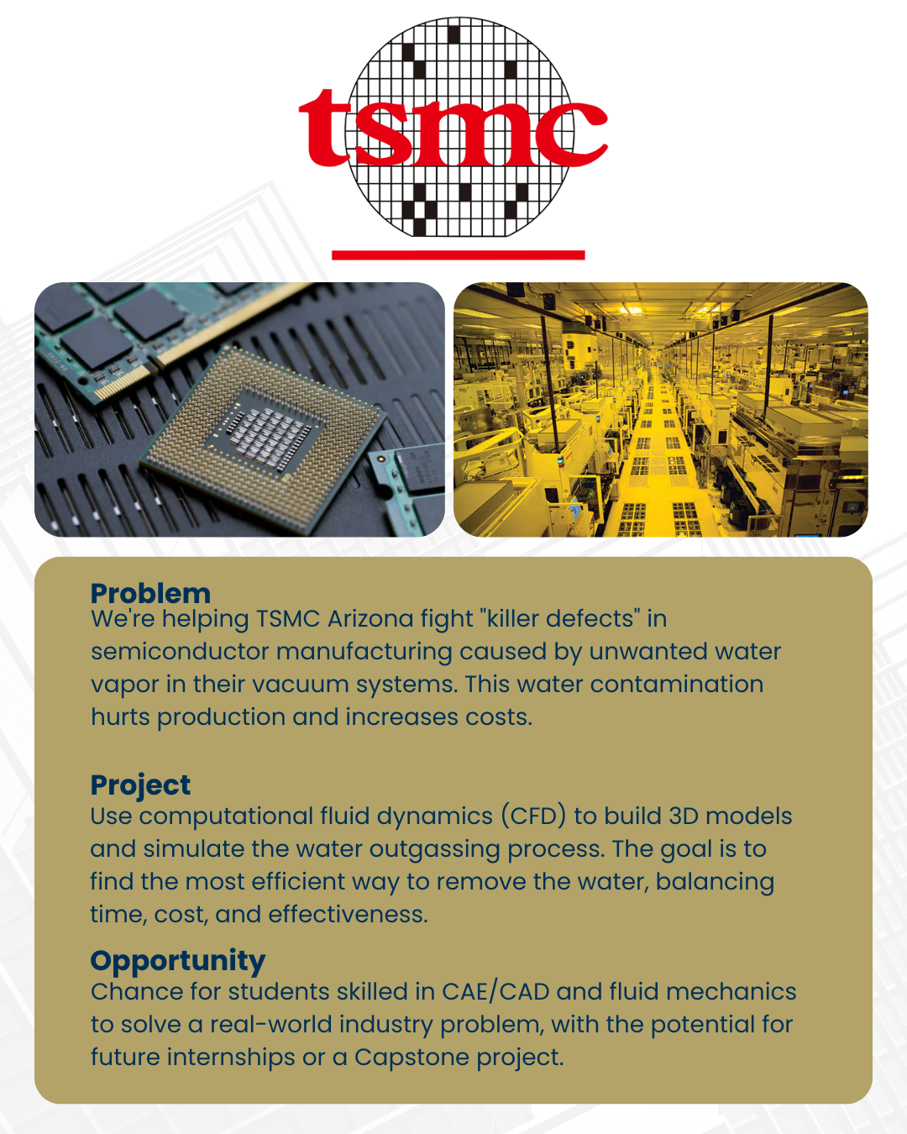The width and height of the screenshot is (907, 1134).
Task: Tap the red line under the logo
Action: click(458, 255)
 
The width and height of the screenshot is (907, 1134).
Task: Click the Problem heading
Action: click(150, 594)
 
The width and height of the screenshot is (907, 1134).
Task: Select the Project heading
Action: click(140, 786)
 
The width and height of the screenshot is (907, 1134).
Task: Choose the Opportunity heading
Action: click(178, 962)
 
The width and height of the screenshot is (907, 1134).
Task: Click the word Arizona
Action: click(370, 619)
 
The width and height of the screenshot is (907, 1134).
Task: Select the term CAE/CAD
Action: click(496, 992)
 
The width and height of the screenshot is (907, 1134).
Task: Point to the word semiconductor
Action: click(180, 652)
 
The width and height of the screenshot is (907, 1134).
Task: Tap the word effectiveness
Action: click(348, 914)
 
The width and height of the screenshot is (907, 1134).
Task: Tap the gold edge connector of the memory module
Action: click(123, 381)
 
